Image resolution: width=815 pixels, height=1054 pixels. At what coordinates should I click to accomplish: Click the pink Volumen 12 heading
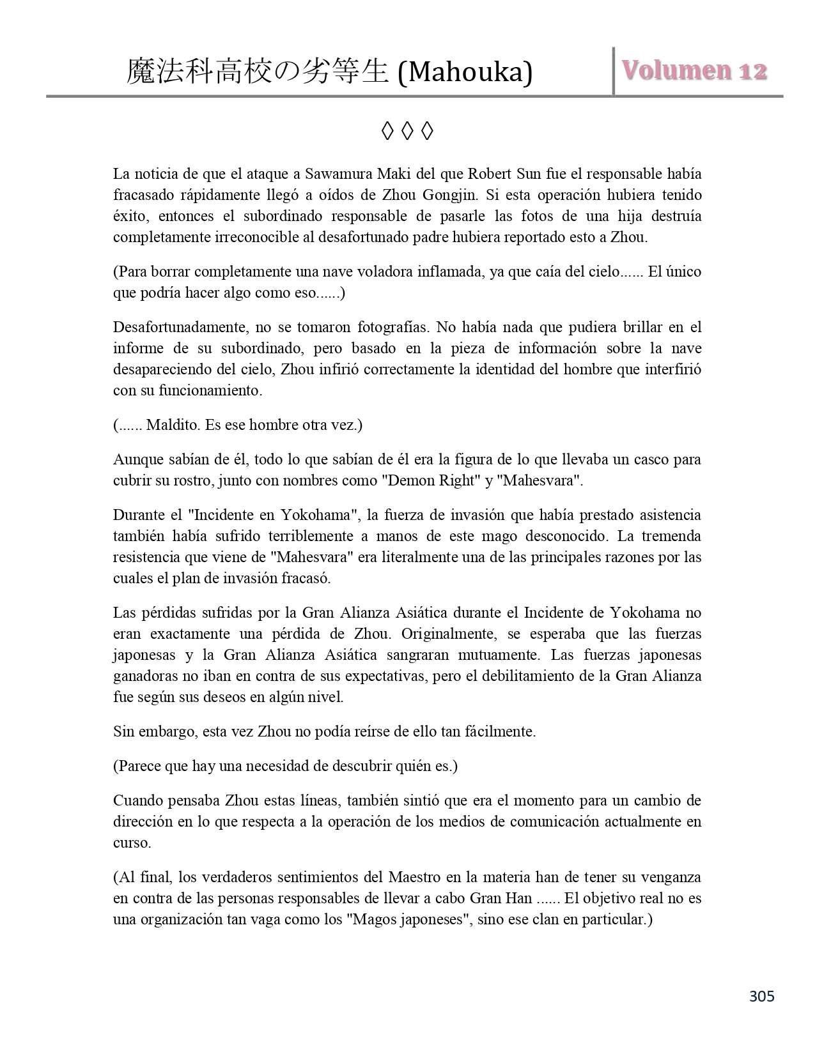(x=694, y=71)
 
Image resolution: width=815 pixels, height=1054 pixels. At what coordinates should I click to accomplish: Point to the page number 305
(x=761, y=996)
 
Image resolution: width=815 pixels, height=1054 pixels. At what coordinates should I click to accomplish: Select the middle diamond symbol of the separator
(x=407, y=132)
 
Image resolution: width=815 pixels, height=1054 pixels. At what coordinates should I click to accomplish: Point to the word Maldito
(x=171, y=425)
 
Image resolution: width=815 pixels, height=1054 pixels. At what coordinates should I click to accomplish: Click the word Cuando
(x=136, y=800)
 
